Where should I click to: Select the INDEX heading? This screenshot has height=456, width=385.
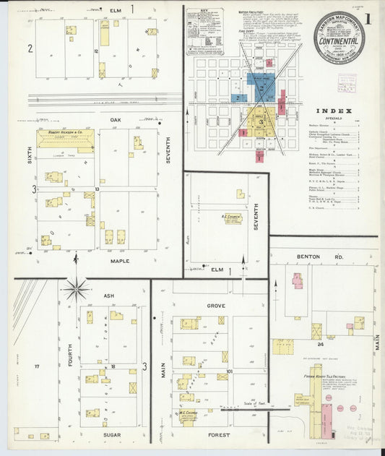[x=334, y=111]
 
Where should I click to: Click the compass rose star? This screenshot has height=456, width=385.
[x=76, y=288]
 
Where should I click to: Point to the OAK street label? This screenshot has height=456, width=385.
[x=114, y=120]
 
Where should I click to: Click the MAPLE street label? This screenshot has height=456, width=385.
[x=120, y=261]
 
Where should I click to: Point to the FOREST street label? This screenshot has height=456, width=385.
[x=219, y=435]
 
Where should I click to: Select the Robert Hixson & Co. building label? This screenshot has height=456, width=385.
[x=66, y=133]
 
